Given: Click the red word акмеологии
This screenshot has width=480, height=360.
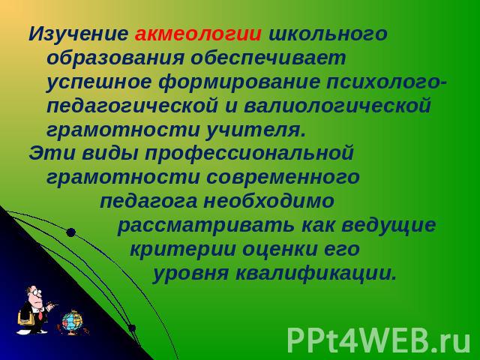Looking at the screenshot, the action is pyautogui.click(x=198, y=34).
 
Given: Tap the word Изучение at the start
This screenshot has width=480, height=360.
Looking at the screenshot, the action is pyautogui.click(x=78, y=35).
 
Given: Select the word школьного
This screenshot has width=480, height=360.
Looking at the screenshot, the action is pyautogui.click(x=328, y=34).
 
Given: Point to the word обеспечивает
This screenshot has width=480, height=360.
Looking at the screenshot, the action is pyautogui.click(x=268, y=58).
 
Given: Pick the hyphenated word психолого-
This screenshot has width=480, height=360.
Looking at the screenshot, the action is pyautogui.click(x=387, y=82).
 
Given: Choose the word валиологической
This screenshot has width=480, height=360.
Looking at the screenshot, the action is pyautogui.click(x=337, y=106).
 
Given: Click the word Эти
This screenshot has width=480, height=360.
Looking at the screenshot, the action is pyautogui.click(x=52, y=153).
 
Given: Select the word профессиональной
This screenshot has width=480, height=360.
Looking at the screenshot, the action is pyautogui.click(x=249, y=154).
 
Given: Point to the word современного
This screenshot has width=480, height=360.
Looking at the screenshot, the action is pyautogui.click(x=283, y=178).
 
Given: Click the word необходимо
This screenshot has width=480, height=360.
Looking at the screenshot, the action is pyautogui.click(x=268, y=202).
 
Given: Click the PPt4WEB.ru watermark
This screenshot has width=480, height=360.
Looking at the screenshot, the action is pyautogui.click(x=379, y=340).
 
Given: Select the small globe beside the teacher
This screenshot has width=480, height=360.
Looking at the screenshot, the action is pyautogui.click(x=72, y=322).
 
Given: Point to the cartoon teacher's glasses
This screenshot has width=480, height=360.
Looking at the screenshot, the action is pyautogui.click(x=36, y=292).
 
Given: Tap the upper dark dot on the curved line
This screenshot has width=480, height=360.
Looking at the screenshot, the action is pyautogui.click(x=70, y=232).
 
